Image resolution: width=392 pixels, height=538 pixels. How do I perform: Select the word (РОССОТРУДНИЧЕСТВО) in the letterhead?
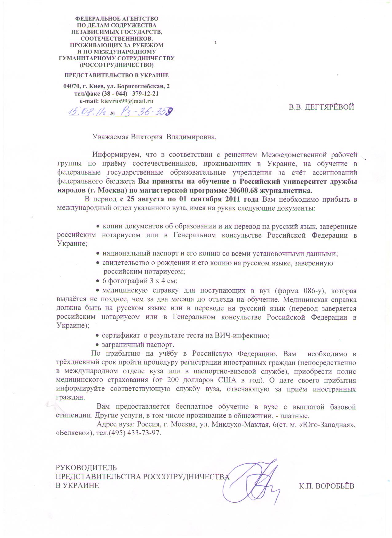(x=117, y=65)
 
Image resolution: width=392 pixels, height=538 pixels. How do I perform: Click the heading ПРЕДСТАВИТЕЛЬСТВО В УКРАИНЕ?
(x=117, y=76)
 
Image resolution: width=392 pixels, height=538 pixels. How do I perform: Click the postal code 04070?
(x=71, y=86)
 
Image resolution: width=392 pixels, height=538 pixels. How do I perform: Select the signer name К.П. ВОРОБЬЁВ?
(x=327, y=486)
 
